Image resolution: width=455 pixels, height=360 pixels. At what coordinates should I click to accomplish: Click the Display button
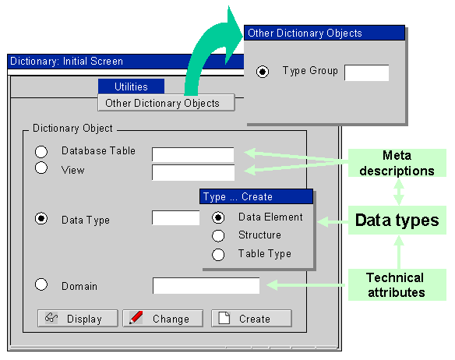tap(78, 318)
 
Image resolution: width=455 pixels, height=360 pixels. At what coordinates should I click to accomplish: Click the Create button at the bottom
tap(252, 318)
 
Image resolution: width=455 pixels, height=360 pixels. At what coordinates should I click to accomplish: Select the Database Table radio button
tap(41, 151)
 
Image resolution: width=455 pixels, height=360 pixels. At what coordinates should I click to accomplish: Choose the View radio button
tap(41, 168)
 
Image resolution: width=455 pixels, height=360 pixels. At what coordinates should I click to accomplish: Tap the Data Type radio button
tap(41, 218)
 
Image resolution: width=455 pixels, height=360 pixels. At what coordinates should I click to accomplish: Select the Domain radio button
tap(41, 284)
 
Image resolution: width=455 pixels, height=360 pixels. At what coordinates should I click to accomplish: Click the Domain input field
tap(206, 285)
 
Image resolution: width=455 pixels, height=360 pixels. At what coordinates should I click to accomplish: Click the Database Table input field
tap(193, 154)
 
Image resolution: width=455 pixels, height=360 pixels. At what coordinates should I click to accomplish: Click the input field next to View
tap(193, 172)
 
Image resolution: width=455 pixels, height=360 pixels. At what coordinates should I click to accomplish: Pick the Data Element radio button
tap(218, 217)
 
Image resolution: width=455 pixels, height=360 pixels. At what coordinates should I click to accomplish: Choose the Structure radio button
tap(218, 236)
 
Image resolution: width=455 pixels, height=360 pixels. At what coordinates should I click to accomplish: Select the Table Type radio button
tap(218, 255)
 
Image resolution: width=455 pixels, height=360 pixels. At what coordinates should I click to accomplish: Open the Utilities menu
tap(131, 86)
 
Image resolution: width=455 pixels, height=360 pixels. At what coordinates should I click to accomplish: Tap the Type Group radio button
tap(263, 72)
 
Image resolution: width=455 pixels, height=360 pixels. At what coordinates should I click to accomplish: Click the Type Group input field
tap(366, 72)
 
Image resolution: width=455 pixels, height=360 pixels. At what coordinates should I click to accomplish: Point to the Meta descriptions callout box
tap(397, 163)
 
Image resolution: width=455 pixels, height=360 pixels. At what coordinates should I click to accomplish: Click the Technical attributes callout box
tap(397, 284)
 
